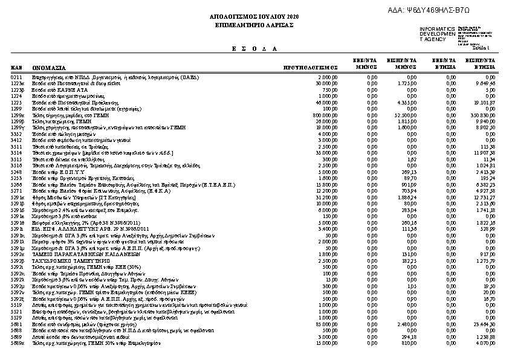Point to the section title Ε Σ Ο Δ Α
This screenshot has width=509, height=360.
[x=254, y=48]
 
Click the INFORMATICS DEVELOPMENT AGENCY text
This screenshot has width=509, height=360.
[x=437, y=34]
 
